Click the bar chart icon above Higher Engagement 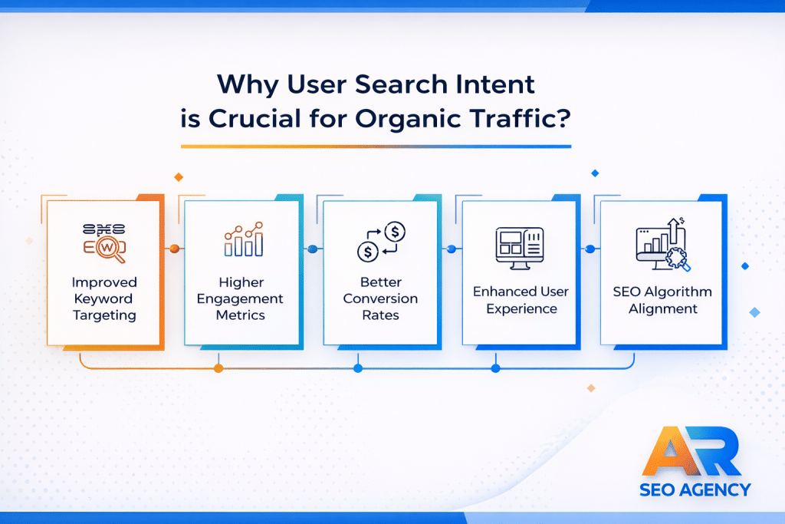[x=242, y=239]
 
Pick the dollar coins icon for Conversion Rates [x=380, y=239]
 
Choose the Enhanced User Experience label [x=521, y=300]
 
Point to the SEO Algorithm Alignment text [x=662, y=300]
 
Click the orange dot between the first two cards [x=175, y=249]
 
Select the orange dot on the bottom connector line [x=218, y=368]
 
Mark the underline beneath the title [x=376, y=145]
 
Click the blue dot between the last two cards [x=590, y=249]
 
